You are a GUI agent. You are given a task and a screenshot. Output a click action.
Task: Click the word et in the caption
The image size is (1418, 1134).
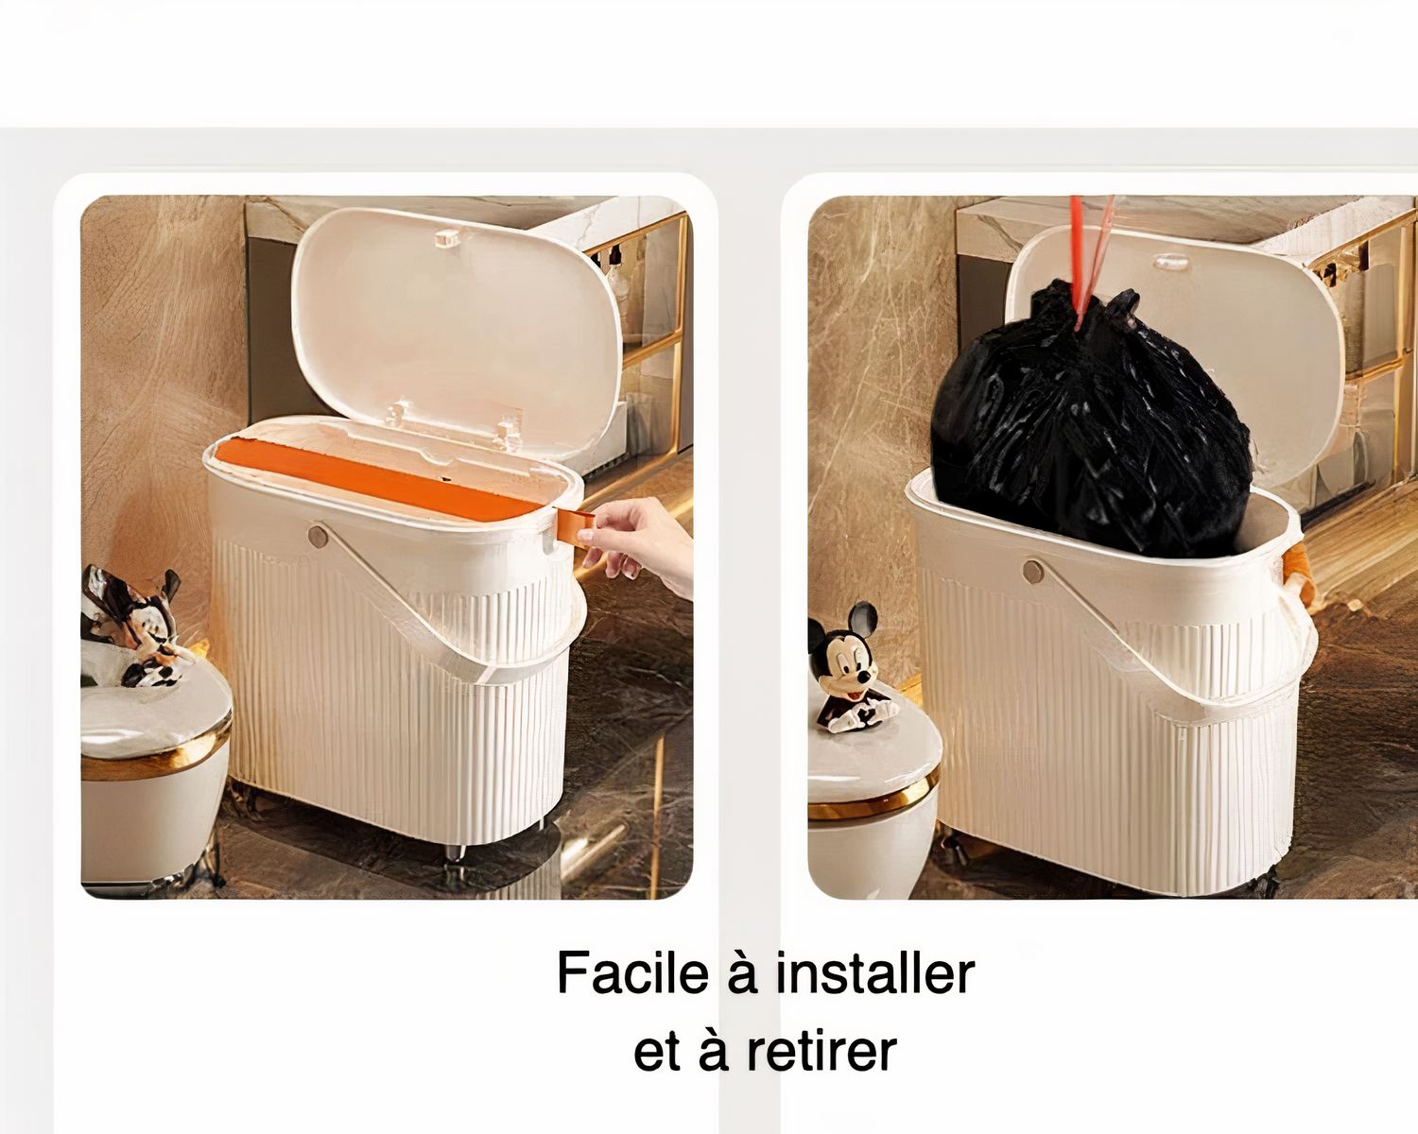[656, 1053]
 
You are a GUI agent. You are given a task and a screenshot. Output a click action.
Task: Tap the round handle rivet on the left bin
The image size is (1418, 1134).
[319, 537]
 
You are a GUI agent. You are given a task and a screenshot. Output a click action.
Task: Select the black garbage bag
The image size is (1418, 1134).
[1087, 425]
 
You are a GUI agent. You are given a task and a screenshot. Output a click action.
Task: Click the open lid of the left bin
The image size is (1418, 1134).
[454, 321]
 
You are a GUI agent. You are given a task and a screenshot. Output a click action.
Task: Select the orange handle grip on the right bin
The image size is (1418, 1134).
[1296, 576]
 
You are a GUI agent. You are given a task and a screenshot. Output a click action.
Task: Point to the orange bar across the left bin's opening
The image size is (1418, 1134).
[378, 477]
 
